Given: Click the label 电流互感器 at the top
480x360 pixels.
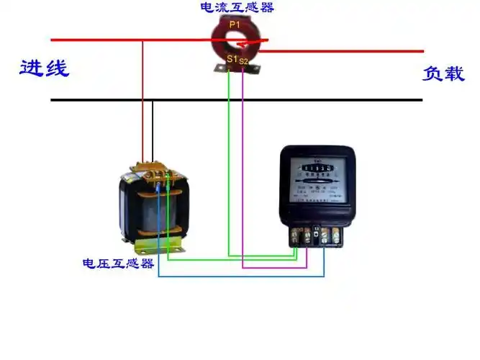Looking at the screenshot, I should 237,8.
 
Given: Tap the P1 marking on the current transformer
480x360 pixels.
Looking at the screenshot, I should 235,24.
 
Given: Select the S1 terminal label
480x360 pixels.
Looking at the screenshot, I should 231,58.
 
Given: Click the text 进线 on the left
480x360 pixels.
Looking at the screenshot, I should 44,68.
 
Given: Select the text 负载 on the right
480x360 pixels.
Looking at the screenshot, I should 443,73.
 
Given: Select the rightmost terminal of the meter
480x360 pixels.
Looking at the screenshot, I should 335,235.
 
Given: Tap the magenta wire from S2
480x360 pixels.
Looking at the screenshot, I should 243,180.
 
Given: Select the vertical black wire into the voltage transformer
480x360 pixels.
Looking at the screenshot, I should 152,130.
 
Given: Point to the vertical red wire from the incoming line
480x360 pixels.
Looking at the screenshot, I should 142,101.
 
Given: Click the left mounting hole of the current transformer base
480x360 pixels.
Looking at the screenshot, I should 219,68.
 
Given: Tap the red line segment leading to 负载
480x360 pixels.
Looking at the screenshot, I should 345,51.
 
